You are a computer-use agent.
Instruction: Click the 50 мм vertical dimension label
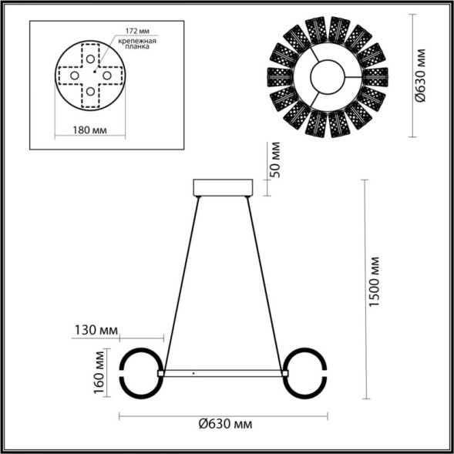pos(275,160)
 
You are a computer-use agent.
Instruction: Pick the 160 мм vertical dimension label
pos(99,373)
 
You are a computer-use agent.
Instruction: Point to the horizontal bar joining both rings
pos(224,373)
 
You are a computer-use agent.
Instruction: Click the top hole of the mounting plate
pos(91,59)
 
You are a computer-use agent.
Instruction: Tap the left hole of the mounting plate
pos(75,76)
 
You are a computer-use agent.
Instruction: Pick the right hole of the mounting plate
pos(108,76)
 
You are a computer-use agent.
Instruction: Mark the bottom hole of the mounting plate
pos(91,92)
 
